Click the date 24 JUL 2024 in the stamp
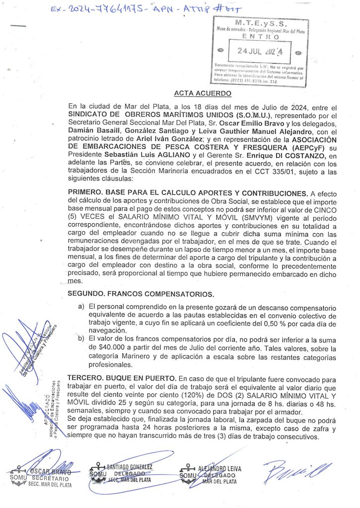[x=259, y=51]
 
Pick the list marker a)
[x=81, y=308]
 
